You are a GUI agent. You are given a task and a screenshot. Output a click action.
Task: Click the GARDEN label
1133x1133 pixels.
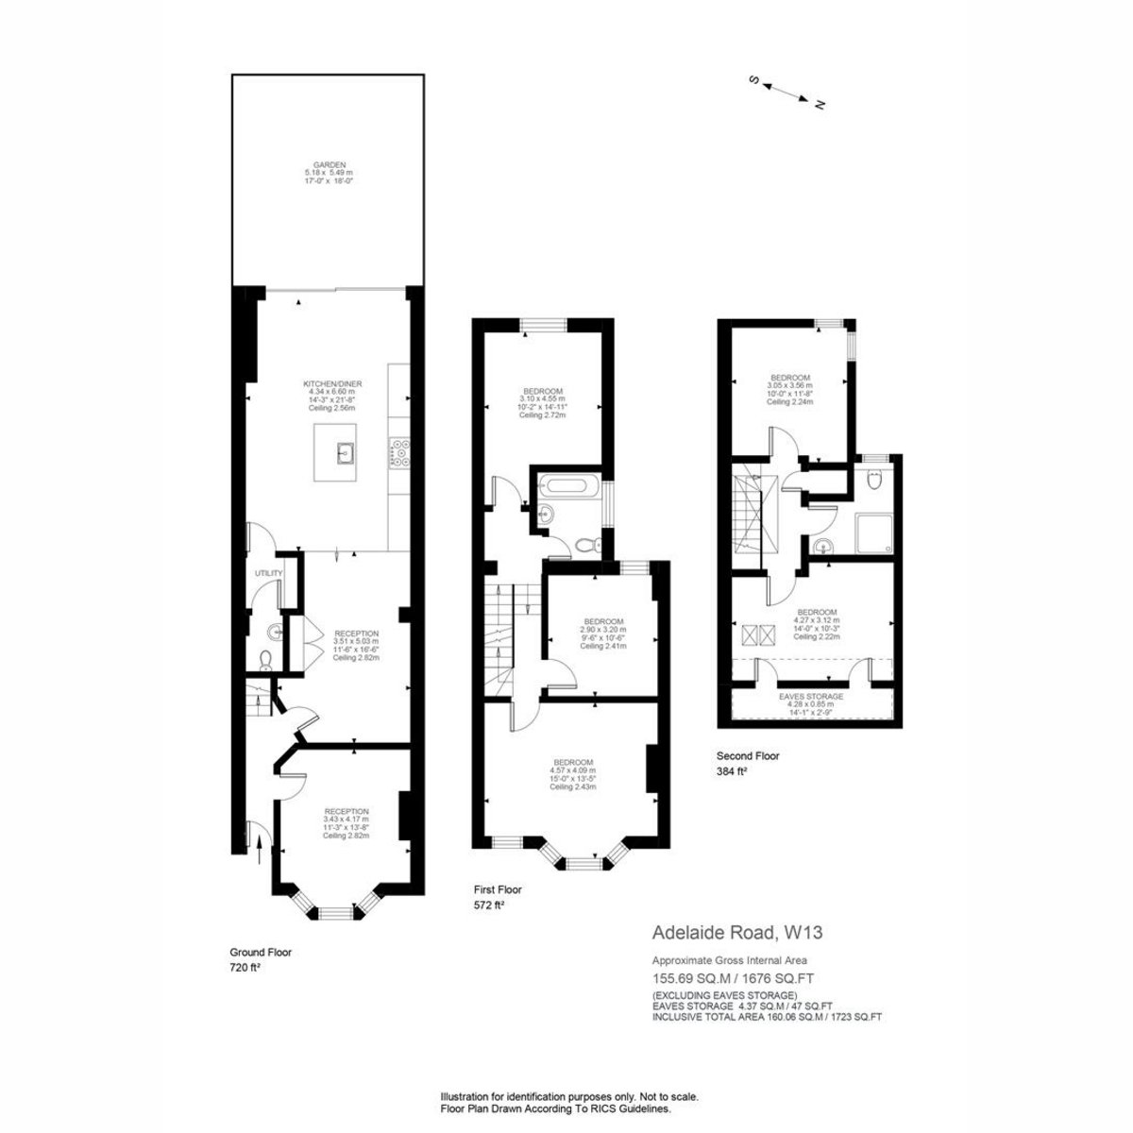(x=325, y=164)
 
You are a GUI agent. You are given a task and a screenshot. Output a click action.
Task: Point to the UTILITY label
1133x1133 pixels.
(x=263, y=573)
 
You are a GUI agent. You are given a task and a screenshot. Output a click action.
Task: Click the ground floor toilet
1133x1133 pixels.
(x=265, y=659)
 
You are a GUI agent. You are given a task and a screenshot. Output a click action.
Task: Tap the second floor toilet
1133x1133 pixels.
(x=875, y=482)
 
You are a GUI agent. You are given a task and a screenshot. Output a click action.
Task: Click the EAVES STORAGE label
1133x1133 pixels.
(x=810, y=696)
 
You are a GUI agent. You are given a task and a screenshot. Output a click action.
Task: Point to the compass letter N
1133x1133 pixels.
(x=820, y=104)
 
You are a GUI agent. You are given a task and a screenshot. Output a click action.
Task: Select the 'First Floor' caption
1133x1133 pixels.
(x=498, y=889)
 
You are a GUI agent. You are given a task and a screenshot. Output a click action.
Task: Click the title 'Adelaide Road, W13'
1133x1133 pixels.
(x=737, y=933)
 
